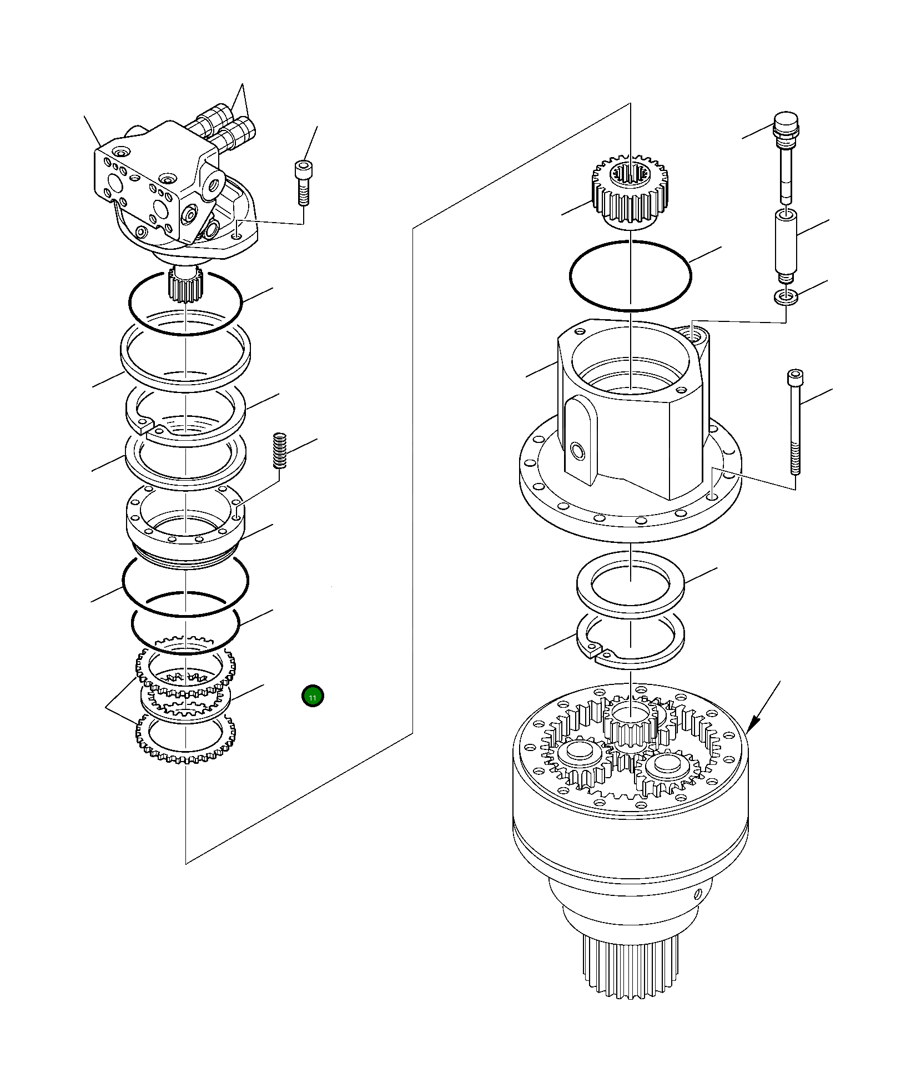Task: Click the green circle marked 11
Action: click(x=313, y=697)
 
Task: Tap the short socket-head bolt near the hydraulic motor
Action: click(x=302, y=184)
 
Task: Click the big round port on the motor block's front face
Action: click(x=160, y=209)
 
